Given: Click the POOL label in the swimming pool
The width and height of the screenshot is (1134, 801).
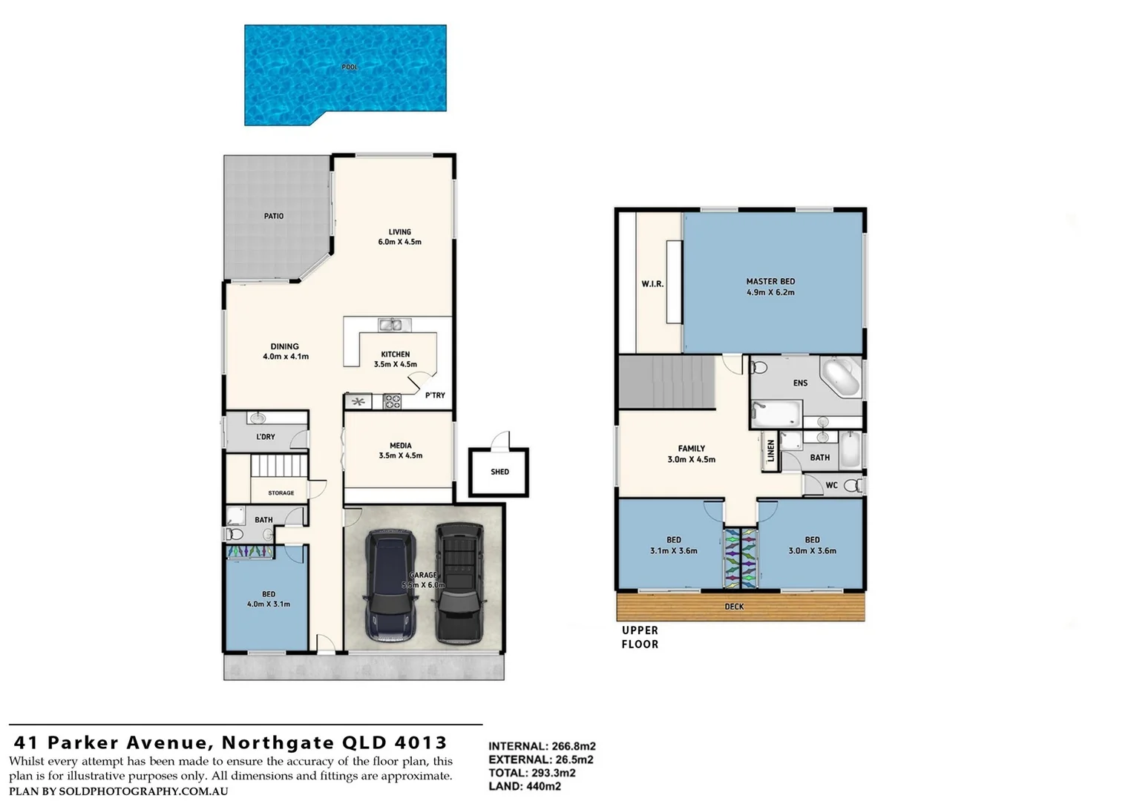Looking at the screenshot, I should point(350,67).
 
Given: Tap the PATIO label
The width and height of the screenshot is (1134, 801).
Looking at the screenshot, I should point(274,216).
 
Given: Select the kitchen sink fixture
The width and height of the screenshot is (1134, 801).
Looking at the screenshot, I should point(390,324).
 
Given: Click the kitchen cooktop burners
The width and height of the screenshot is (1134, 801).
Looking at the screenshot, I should point(392,402).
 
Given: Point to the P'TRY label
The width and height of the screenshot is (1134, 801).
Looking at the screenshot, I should point(435,395).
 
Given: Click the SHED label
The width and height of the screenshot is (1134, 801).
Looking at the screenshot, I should point(499,472).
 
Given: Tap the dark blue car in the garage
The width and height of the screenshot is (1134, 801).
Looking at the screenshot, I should point(392,586).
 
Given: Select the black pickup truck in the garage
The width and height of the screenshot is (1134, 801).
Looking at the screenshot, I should point(459,582).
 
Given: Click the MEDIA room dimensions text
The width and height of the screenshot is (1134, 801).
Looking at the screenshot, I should point(400,455).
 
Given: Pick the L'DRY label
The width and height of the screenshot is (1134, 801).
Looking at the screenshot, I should point(265,437).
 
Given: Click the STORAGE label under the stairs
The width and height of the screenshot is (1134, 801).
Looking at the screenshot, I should point(281,492).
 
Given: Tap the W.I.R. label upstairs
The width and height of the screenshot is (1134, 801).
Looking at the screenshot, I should point(652,284).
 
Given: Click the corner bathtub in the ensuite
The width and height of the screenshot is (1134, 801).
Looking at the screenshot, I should point(841,378).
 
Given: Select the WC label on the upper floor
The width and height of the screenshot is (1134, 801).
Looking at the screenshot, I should point(831,486).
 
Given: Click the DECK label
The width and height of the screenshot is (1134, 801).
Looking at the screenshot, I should point(734,607).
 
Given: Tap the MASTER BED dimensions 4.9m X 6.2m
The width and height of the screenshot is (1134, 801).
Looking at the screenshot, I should point(770,292).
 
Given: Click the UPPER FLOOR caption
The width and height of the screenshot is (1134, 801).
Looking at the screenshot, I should point(640,637).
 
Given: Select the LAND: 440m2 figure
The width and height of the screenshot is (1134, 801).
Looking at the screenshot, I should point(525,786).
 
